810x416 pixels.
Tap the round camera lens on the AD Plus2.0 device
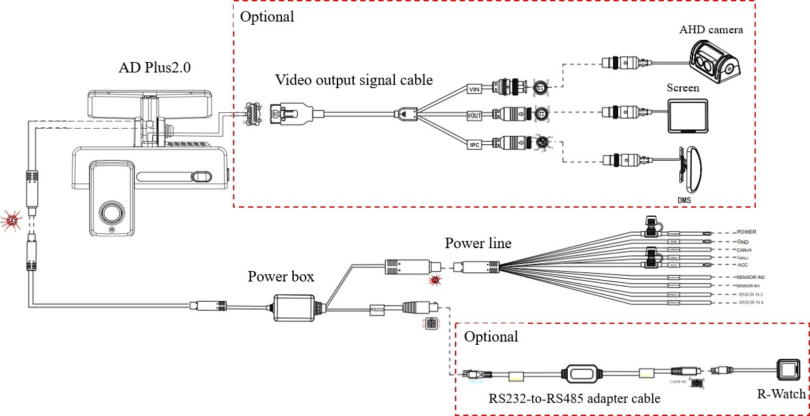(112, 214)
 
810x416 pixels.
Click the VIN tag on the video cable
(475, 88)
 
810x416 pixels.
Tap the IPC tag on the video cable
(475, 144)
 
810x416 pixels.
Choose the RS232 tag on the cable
(378, 309)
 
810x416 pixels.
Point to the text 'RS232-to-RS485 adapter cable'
(574, 398)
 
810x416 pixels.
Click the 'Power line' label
(478, 244)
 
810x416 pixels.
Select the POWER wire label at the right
(747, 232)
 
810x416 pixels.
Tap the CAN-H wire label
(747, 249)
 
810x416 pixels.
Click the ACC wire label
(743, 265)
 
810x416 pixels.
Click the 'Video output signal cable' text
(353, 80)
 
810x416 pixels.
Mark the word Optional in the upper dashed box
(267, 17)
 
